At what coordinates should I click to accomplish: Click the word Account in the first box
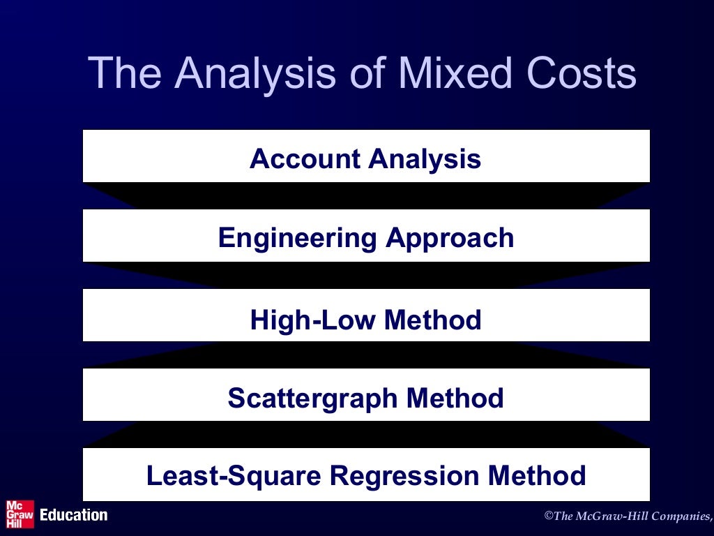pyautogui.click(x=305, y=159)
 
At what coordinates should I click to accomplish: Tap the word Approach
pyautogui.click(x=450, y=239)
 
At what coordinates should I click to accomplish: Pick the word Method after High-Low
pyautogui.click(x=433, y=320)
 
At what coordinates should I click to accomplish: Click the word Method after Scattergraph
pyautogui.click(x=455, y=399)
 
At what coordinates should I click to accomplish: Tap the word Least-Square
pyautogui.click(x=233, y=476)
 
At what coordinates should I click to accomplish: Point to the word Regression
pyautogui.click(x=404, y=476)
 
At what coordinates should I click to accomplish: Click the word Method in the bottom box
pyautogui.click(x=537, y=476)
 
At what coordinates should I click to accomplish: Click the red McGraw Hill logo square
pyautogui.click(x=19, y=514)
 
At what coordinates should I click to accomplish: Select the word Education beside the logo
pyautogui.click(x=74, y=515)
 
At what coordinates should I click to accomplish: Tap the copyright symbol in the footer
pyautogui.click(x=548, y=516)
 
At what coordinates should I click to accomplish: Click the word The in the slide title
pyautogui.click(x=126, y=73)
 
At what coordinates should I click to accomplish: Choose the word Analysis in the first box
pyautogui.click(x=425, y=159)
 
